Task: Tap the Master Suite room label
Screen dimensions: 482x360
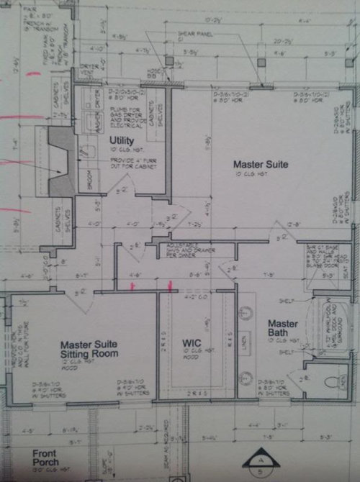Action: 260,165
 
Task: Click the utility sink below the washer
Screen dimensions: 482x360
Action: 86,150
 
